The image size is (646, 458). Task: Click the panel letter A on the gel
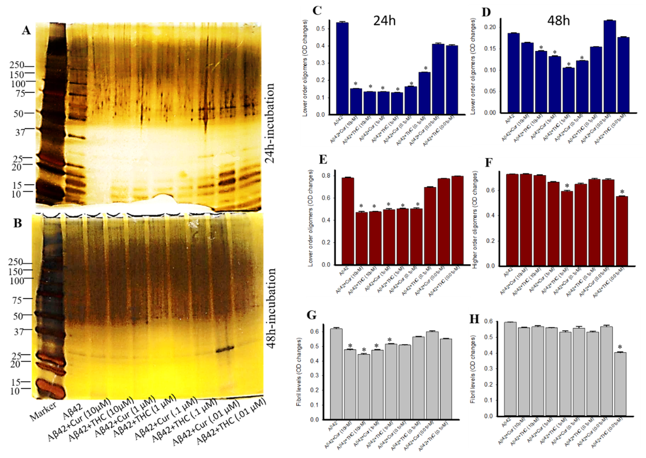coord(26,30)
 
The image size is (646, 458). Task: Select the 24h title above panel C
coord(384,21)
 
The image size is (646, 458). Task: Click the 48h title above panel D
coord(558,21)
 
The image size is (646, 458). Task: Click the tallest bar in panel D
coord(610,66)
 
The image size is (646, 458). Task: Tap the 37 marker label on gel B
coord(19,331)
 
